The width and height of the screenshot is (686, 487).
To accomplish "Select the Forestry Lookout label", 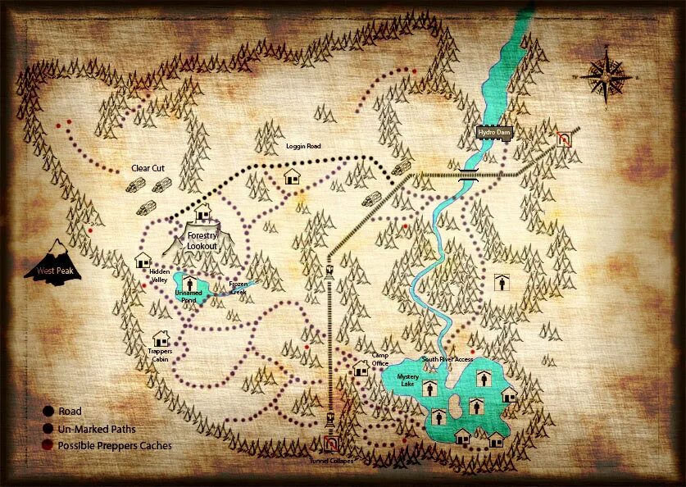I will [202, 240].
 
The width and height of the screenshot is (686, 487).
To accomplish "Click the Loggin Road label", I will [303, 146].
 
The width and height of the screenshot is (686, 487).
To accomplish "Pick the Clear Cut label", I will [148, 168].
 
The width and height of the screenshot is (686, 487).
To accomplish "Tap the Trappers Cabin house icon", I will [161, 338].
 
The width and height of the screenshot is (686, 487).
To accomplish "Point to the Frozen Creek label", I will [238, 289].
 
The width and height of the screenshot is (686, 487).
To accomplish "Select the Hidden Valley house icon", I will [143, 261].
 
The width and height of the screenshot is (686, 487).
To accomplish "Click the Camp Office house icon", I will [361, 369].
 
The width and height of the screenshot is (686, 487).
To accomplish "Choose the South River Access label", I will [447, 359].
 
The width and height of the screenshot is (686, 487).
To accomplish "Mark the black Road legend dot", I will [48, 412].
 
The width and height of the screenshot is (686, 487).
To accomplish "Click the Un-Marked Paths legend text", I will [97, 429].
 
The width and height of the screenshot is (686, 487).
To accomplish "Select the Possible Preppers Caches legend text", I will [116, 446].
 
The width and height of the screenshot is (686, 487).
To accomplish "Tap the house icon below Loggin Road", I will [292, 176].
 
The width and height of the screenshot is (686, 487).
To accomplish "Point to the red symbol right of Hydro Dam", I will [563, 139].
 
